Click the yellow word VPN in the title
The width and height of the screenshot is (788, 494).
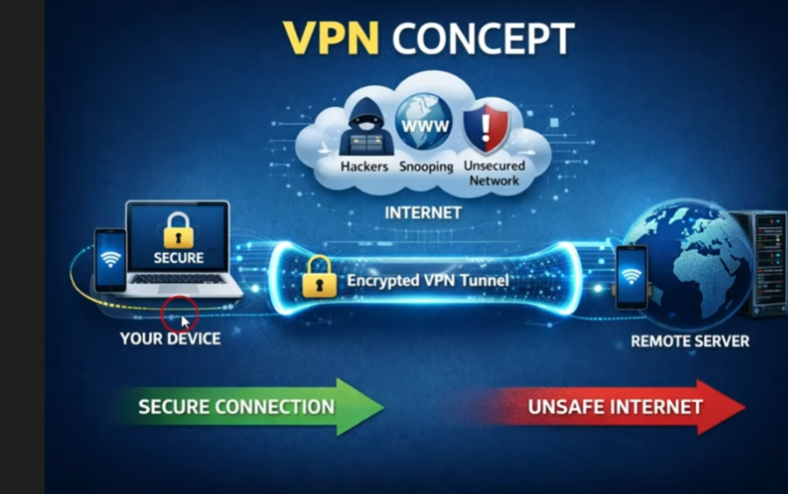pos(332,39)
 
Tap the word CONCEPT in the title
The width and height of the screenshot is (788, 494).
pos(483,39)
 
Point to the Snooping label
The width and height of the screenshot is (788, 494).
pos(426,166)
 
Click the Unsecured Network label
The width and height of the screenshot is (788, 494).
pos(494,173)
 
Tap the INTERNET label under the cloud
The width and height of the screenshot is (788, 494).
pos(422,213)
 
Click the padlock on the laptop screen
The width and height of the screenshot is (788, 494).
pos(178,230)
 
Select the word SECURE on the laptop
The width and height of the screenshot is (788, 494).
pos(178,258)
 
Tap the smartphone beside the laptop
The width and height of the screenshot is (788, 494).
pos(110,259)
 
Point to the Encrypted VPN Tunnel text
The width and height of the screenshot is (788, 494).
pos(428,281)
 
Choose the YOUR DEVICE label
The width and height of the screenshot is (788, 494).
pos(170,338)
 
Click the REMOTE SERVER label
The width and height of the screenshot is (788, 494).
pos(690,341)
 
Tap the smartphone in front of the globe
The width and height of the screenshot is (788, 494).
pos(631,276)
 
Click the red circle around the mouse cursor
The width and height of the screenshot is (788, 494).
pos(180,314)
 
